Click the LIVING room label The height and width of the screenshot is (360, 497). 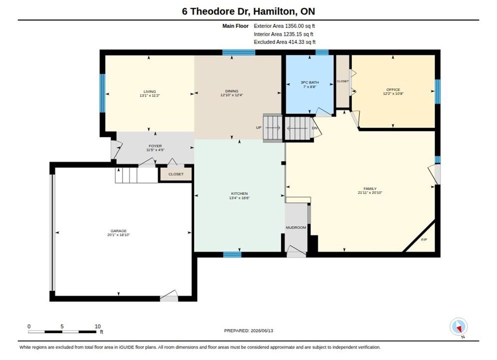click(149, 91)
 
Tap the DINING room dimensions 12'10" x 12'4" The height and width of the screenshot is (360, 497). click(231, 95)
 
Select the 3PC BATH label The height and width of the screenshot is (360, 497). click(309, 82)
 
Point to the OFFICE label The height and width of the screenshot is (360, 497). click(393, 89)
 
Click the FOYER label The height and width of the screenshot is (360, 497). click(155, 146)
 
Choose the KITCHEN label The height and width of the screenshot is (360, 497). click(239, 193)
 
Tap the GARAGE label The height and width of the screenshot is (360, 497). click(118, 230)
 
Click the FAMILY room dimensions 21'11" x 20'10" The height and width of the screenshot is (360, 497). click(370, 192)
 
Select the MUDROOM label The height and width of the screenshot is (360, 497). click(296, 227)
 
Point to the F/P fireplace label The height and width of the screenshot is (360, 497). click(424, 239)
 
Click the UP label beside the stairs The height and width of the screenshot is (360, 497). click(258, 127)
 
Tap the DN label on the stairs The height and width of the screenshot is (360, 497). click(314, 128)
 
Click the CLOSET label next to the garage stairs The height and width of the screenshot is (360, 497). click(176, 174)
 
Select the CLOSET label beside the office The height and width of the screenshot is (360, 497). click(342, 81)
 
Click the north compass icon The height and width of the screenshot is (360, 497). click(458, 326)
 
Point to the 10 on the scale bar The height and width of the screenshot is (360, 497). click(97, 326)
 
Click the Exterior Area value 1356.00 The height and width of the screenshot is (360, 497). click(294, 26)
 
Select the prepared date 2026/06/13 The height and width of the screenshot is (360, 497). click(262, 330)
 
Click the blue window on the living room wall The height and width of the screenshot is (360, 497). click(102, 93)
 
